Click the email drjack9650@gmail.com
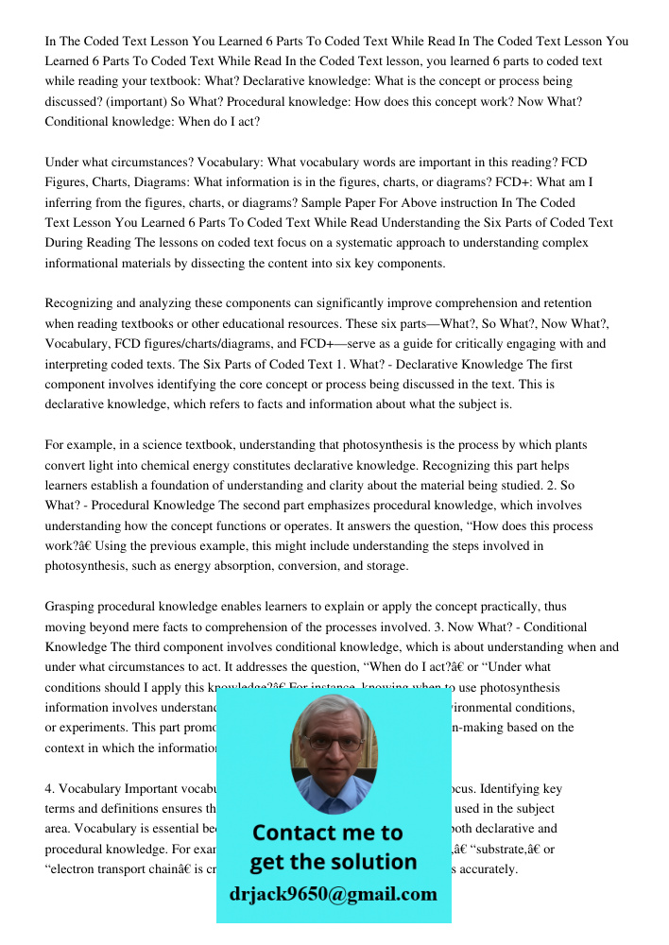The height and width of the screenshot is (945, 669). coord(334,894)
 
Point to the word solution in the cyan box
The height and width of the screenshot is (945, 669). coord(371,862)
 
